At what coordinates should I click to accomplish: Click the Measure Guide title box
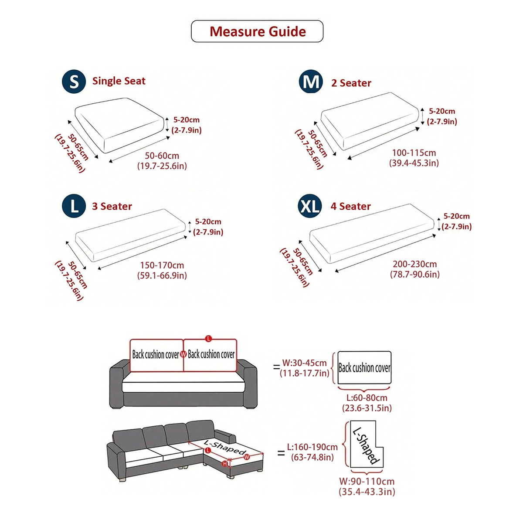pos(257,31)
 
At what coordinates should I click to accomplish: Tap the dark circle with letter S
pos(74,82)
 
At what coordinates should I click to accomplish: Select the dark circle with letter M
pos(311,82)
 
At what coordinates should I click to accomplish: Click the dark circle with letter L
pos(74,206)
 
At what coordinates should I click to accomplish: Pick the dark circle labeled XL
pos(310,206)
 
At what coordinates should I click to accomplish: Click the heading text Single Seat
pos(119,81)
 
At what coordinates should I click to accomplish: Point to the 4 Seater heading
pos(350,206)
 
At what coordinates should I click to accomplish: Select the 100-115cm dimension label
pos(414,153)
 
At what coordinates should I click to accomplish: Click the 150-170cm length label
pos(162,265)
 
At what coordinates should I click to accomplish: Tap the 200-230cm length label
pos(414,264)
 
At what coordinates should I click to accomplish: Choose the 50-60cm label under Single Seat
pos(162,156)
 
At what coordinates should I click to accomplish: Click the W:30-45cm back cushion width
pos(304,363)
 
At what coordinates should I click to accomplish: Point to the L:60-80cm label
pos(367,398)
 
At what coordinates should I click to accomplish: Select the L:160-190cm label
pos(312,447)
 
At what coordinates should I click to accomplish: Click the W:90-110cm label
pos(367,482)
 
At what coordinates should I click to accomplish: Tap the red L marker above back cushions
pos(208,339)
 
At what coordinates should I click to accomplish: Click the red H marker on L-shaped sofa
pos(225,464)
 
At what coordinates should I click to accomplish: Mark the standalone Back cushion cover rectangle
pos(364,368)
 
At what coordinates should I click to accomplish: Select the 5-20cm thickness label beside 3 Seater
pos(208,222)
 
